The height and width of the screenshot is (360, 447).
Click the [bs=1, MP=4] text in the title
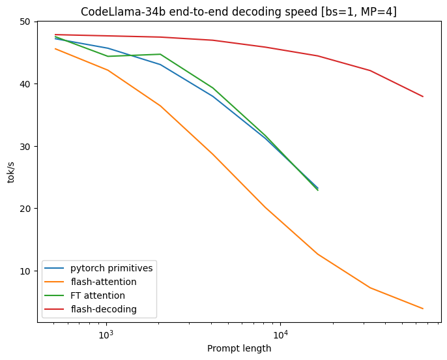pyautogui.click(x=361, y=12)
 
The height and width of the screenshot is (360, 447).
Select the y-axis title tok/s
pyautogui.click(x=11, y=172)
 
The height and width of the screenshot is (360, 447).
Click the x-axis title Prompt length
pyautogui.click(x=239, y=348)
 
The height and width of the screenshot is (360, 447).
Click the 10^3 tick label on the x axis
pyautogui.click(x=106, y=335)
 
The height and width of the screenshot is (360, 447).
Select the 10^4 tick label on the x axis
pyautogui.click(x=280, y=335)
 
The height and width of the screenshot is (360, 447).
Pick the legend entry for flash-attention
pyautogui.click(x=103, y=282)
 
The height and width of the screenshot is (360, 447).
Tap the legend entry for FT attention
pyautogui.click(x=98, y=295)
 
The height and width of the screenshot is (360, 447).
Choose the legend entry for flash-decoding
pyautogui.click(x=103, y=308)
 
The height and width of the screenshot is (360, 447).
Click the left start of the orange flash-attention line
pyautogui.click(x=55, y=49)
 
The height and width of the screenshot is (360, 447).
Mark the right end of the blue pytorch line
pyautogui.click(x=318, y=188)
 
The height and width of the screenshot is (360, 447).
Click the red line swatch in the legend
pyautogui.click(x=57, y=308)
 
